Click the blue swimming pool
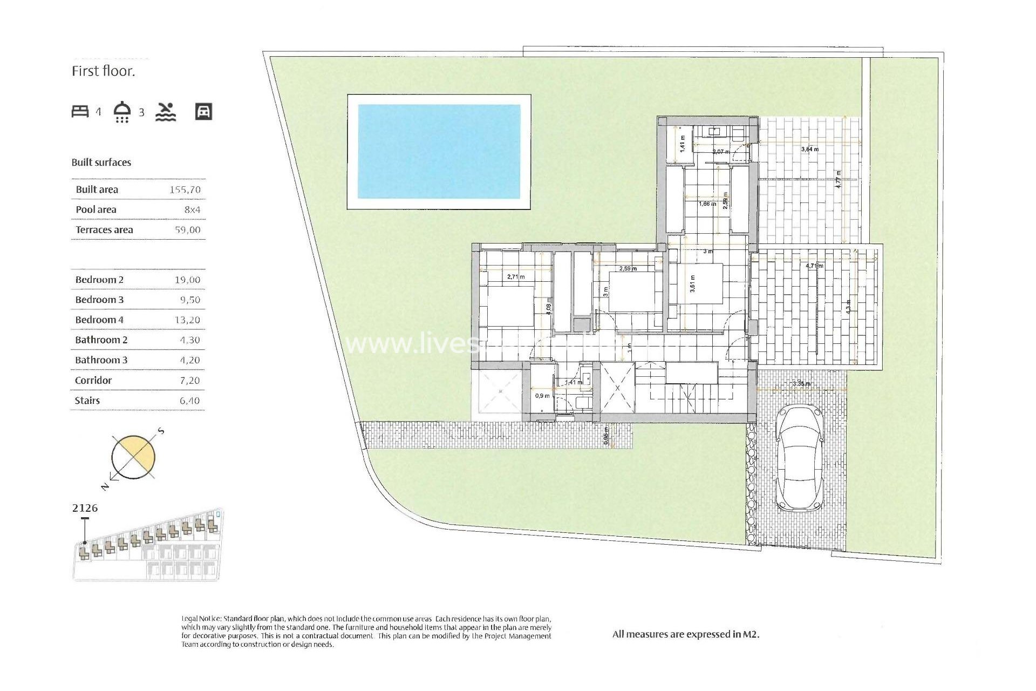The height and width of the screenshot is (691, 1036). (x=439, y=151)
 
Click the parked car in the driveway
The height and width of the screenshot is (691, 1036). (x=799, y=459)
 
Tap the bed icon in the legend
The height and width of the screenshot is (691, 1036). (x=80, y=111)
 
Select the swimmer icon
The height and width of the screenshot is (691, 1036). (x=166, y=111)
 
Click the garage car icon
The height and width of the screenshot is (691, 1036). (x=203, y=111)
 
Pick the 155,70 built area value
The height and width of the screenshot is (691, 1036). (x=185, y=189)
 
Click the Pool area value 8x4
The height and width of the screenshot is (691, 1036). (x=192, y=209)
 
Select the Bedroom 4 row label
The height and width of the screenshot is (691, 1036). (x=99, y=320)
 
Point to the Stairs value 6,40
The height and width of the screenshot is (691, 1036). (x=189, y=401)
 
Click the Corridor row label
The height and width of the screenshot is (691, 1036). (x=93, y=381)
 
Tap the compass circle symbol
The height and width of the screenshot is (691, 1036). (x=133, y=457)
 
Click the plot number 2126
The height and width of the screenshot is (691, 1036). (x=85, y=508)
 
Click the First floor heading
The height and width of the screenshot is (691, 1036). (x=103, y=71)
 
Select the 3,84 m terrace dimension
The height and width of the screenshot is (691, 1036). (x=809, y=149)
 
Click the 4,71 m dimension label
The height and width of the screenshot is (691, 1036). (x=814, y=266)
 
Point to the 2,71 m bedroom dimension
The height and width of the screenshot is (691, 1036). (x=516, y=277)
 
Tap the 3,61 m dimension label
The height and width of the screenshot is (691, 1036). (x=693, y=283)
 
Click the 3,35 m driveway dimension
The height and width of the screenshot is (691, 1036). (x=801, y=384)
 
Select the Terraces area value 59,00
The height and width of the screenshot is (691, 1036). (x=187, y=230)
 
